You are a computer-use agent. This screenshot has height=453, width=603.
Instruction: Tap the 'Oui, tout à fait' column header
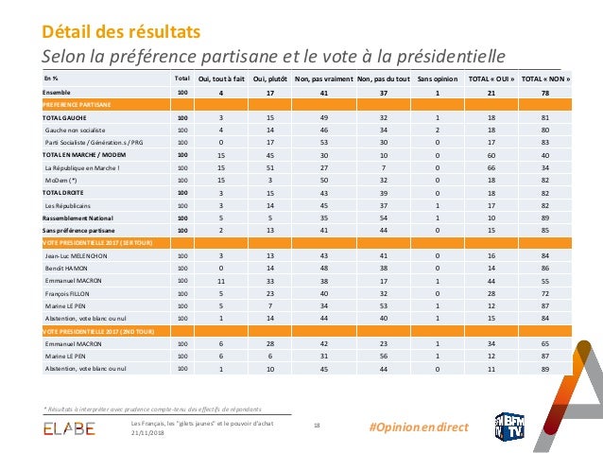tap(220, 78)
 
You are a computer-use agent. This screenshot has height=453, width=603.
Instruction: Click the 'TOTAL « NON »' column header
tap(552, 78)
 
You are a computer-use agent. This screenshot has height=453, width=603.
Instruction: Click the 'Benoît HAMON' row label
tap(68, 270)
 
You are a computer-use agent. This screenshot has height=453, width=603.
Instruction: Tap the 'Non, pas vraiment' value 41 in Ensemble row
tap(325, 92)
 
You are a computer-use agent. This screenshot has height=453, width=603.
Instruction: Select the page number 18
tap(317, 427)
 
